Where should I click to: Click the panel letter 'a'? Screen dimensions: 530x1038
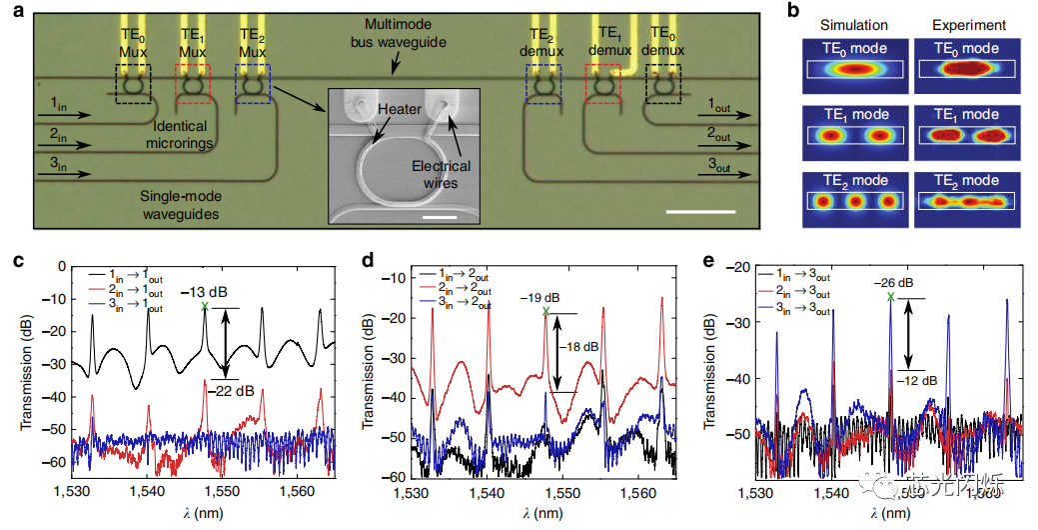pos(15,16)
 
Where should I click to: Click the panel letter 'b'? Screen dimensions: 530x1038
pos(793,14)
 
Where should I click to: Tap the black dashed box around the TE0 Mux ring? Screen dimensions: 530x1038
pos(135,86)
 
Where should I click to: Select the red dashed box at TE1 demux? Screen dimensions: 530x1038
pos(603,86)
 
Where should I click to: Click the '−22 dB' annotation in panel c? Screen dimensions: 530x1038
pos(230,392)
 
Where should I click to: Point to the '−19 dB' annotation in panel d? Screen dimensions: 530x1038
pos(543,297)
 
